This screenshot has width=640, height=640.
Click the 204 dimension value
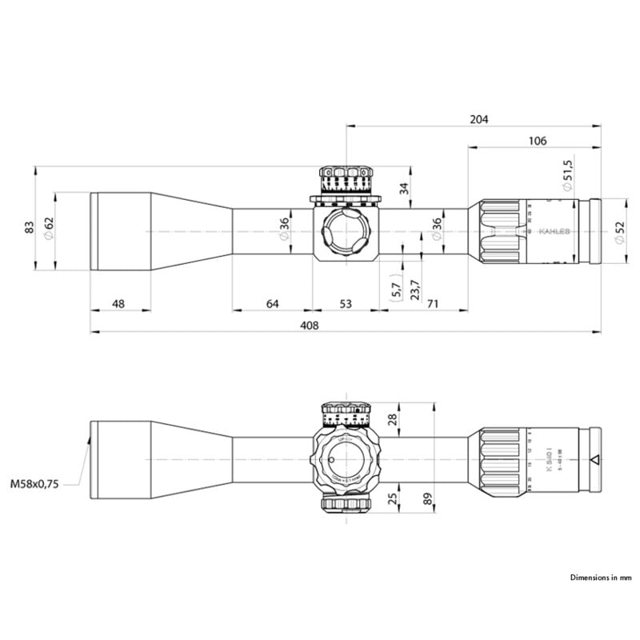point(478,119)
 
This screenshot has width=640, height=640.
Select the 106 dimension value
point(538,141)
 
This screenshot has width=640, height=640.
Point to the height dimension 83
point(30,227)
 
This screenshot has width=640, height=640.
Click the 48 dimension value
point(118,304)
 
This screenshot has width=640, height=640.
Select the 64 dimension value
point(272,304)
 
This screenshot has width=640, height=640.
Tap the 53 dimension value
point(346,304)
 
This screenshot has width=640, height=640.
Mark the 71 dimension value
point(433,304)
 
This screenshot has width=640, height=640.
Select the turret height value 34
point(403,189)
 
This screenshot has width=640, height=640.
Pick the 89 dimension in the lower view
point(426,500)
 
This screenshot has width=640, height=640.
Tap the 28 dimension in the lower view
point(392,420)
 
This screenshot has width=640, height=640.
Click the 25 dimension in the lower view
point(392,500)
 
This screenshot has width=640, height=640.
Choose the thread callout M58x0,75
point(36,484)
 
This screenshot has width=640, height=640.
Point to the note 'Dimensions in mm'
point(601,577)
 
